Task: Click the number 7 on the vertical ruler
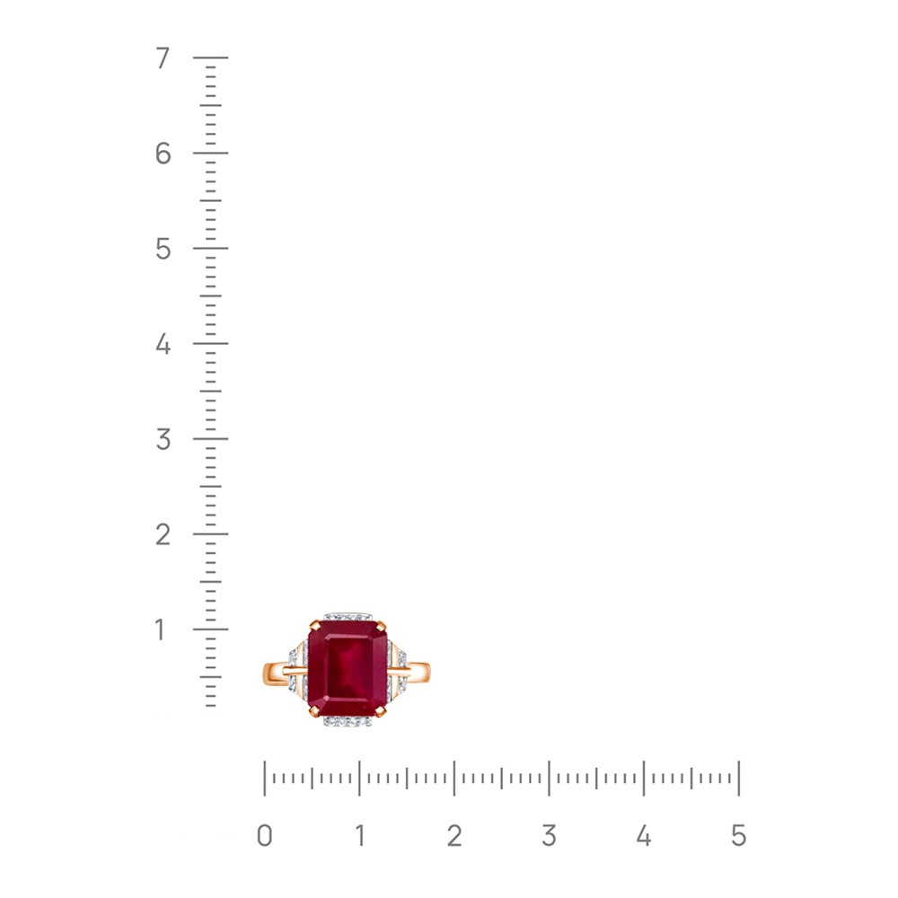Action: (163, 57)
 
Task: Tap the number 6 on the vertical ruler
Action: (163, 154)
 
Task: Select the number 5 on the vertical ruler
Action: (163, 249)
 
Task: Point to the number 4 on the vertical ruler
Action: (163, 344)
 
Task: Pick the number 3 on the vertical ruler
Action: (163, 439)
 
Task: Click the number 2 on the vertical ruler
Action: (163, 534)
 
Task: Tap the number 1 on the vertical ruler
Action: (161, 629)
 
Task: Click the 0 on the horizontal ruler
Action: (265, 836)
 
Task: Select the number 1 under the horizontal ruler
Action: (360, 836)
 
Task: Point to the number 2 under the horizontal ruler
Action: (454, 836)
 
